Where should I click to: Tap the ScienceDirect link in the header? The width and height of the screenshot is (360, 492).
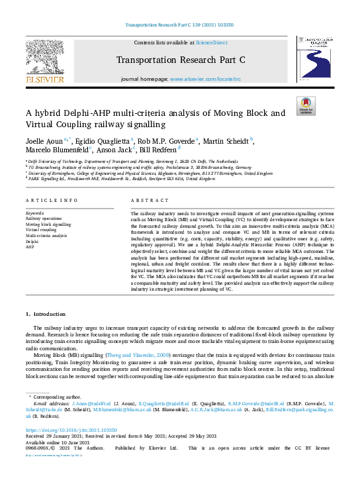click(x=212, y=42)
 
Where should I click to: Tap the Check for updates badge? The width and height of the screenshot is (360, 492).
click(x=305, y=104)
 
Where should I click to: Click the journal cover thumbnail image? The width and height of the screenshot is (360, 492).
click(x=316, y=59)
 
